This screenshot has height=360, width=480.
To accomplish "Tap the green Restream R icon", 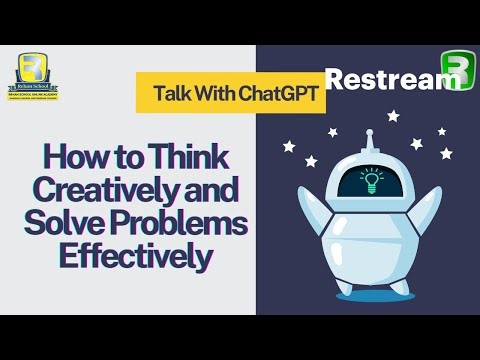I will click(455, 70).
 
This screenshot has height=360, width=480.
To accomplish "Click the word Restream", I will click(381, 79).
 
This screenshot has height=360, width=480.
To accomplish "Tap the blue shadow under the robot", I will click(370, 295).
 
